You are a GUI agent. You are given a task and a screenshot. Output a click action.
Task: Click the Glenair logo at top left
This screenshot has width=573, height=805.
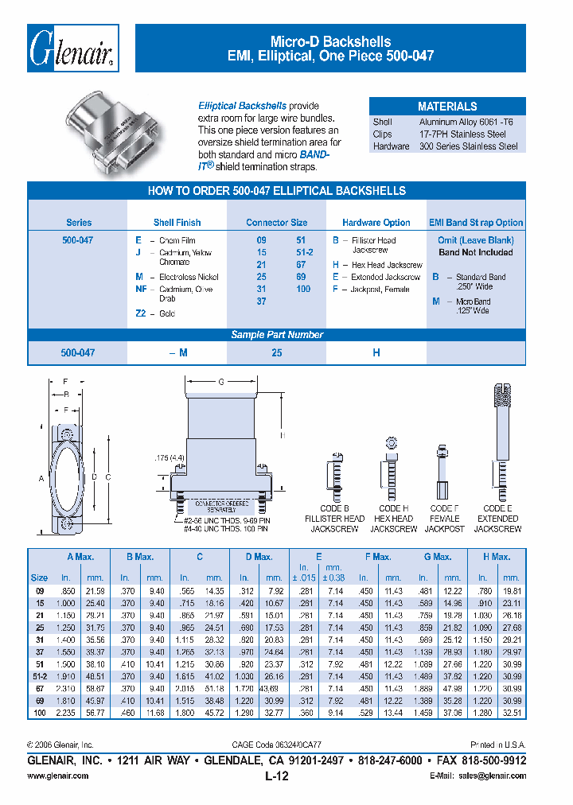tap(74, 49)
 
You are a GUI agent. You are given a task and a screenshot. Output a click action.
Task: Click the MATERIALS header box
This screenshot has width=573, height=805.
tap(447, 107)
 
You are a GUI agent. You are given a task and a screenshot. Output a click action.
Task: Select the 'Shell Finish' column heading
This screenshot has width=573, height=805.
tap(177, 223)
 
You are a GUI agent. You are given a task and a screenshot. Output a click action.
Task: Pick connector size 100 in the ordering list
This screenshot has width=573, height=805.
tap(303, 290)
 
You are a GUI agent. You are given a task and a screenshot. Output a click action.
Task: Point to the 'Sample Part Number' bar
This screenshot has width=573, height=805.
tap(277, 335)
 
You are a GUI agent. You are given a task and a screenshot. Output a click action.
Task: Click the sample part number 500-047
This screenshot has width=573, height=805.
tap(78, 352)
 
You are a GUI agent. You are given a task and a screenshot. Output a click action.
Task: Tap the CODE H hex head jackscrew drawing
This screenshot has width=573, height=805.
tap(392, 470)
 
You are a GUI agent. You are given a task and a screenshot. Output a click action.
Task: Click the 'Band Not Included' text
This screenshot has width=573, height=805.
tap(476, 252)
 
